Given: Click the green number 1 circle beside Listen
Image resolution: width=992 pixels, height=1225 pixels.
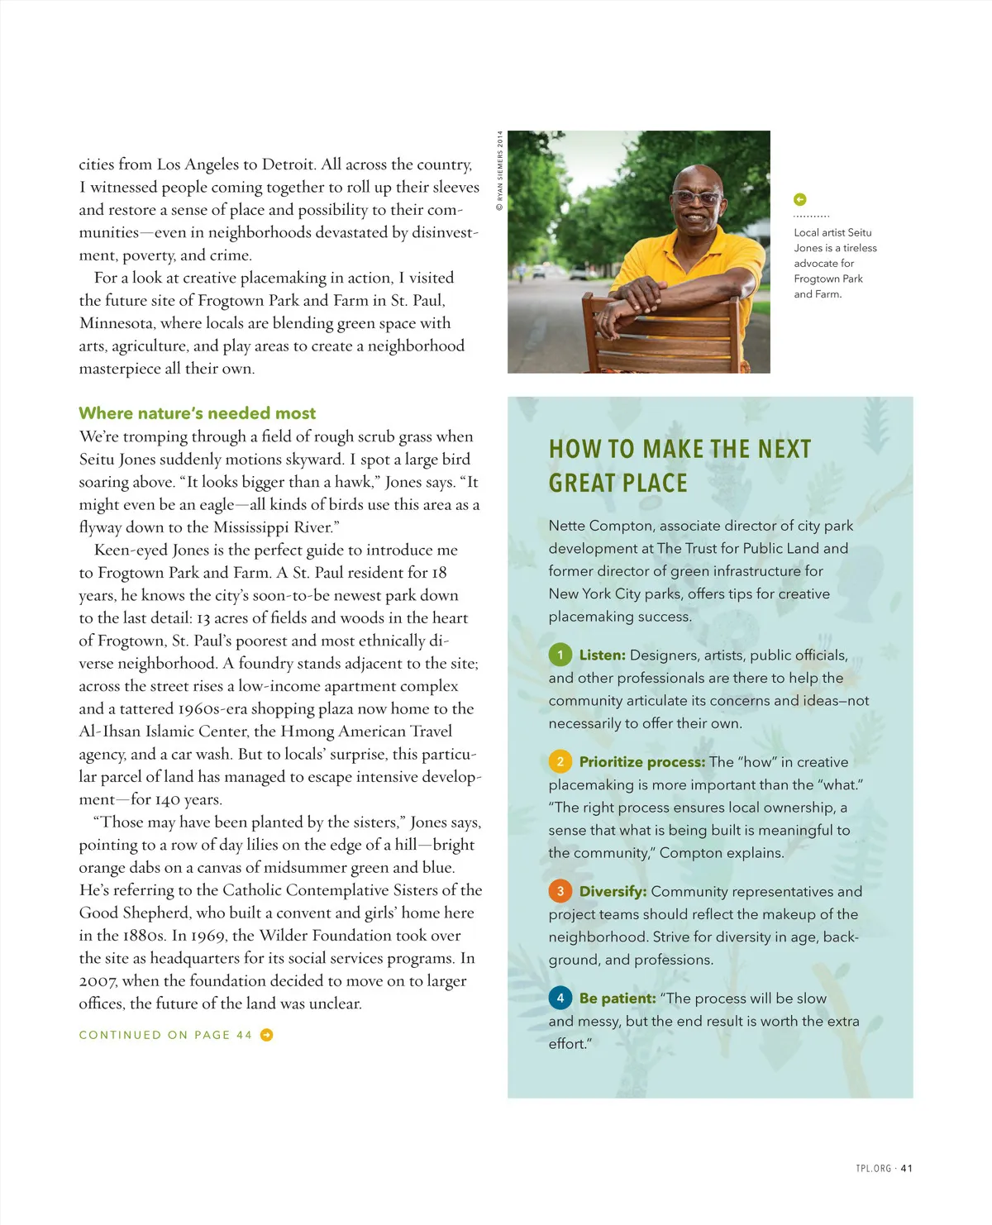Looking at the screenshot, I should (560, 655).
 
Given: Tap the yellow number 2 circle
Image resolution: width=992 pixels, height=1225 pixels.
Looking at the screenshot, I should (560, 761).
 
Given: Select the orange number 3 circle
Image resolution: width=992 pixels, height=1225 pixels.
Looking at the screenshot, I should (560, 891).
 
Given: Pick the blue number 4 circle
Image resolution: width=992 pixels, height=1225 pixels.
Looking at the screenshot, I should (560, 998).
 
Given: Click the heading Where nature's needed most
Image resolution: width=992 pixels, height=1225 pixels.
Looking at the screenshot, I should (197, 413).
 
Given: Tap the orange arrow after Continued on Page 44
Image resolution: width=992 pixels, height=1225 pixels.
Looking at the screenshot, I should (266, 1035).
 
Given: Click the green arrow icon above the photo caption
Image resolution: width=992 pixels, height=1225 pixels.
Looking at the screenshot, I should (799, 199).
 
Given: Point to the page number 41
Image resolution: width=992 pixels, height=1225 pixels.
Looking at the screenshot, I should (906, 1168).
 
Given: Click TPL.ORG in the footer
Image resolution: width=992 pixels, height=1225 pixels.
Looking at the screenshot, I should (873, 1168).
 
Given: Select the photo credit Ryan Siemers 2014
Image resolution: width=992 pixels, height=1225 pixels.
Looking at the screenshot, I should (499, 170).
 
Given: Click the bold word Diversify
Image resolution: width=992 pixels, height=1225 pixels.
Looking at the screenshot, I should (613, 891).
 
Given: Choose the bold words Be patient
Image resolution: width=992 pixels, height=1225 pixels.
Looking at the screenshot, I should (618, 998).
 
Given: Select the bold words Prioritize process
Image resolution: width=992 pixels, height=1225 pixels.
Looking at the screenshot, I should (642, 761).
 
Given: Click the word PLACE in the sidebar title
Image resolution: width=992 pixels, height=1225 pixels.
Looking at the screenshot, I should (649, 483).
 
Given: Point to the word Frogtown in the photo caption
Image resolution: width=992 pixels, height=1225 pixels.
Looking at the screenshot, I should (816, 279).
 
